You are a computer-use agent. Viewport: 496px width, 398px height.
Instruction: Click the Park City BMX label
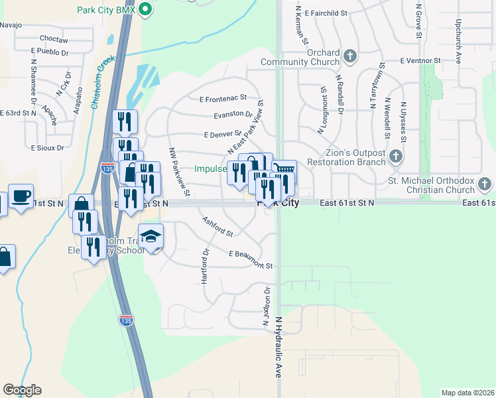(x=105, y=11)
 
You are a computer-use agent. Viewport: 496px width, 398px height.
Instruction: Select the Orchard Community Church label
(x=300, y=58)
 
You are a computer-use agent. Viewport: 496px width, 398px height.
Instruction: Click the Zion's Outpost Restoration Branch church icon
(x=396, y=157)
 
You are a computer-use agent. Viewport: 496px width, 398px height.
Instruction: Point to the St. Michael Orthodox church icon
(x=485, y=183)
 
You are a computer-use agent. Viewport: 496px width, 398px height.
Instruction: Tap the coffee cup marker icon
(x=21, y=196)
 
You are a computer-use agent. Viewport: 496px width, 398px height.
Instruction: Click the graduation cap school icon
(x=151, y=237)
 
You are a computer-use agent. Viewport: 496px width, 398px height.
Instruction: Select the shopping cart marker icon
(x=284, y=170)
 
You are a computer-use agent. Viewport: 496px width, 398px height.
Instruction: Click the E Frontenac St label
(x=223, y=99)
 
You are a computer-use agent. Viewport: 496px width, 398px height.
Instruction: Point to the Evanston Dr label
(x=233, y=114)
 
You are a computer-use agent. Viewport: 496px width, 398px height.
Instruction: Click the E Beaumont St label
(x=251, y=259)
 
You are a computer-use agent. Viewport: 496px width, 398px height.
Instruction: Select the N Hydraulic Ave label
(x=279, y=347)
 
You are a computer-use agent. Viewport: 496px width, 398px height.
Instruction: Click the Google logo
(x=22, y=390)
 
